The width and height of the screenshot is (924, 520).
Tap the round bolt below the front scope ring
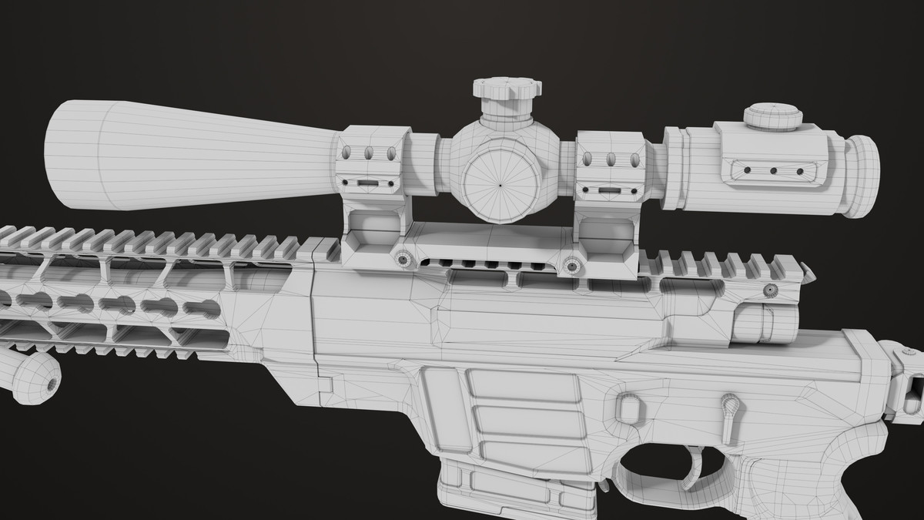403,260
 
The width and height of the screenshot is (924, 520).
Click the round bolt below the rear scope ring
571,267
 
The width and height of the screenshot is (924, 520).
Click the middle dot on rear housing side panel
772,169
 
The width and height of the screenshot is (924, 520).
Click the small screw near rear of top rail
768,290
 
